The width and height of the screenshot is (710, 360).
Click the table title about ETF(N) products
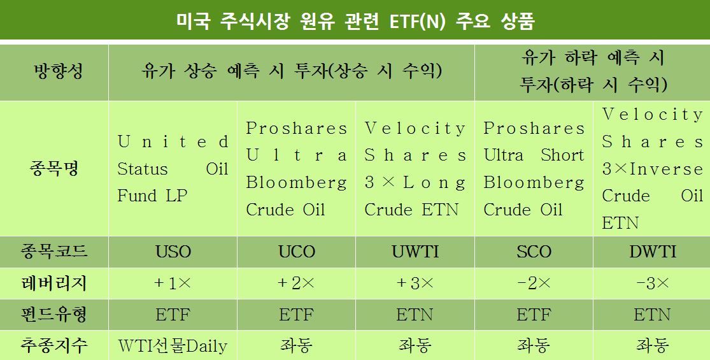(355, 20)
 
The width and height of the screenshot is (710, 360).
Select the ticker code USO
(173, 252)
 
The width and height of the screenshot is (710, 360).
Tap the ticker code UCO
(297, 252)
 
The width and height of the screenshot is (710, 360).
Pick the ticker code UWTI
(415, 252)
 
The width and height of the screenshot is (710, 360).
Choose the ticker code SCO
(534, 252)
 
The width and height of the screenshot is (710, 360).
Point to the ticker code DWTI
(653, 252)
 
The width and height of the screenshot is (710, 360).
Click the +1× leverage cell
(173, 284)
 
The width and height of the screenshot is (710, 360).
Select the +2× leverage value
(297, 284)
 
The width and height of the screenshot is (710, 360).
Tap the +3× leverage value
(415, 284)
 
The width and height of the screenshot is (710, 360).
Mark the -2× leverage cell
(534, 284)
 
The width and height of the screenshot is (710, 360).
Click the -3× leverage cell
(653, 284)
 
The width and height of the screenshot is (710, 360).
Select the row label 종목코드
(54, 251)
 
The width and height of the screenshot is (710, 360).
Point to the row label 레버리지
(54, 284)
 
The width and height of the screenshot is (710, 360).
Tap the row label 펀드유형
(54, 315)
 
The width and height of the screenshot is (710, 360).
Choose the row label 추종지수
(54, 346)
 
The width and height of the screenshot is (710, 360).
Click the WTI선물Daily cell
(173, 347)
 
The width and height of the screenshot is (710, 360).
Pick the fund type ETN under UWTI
(415, 315)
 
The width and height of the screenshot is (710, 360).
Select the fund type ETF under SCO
(534, 315)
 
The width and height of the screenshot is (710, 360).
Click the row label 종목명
(54, 168)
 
